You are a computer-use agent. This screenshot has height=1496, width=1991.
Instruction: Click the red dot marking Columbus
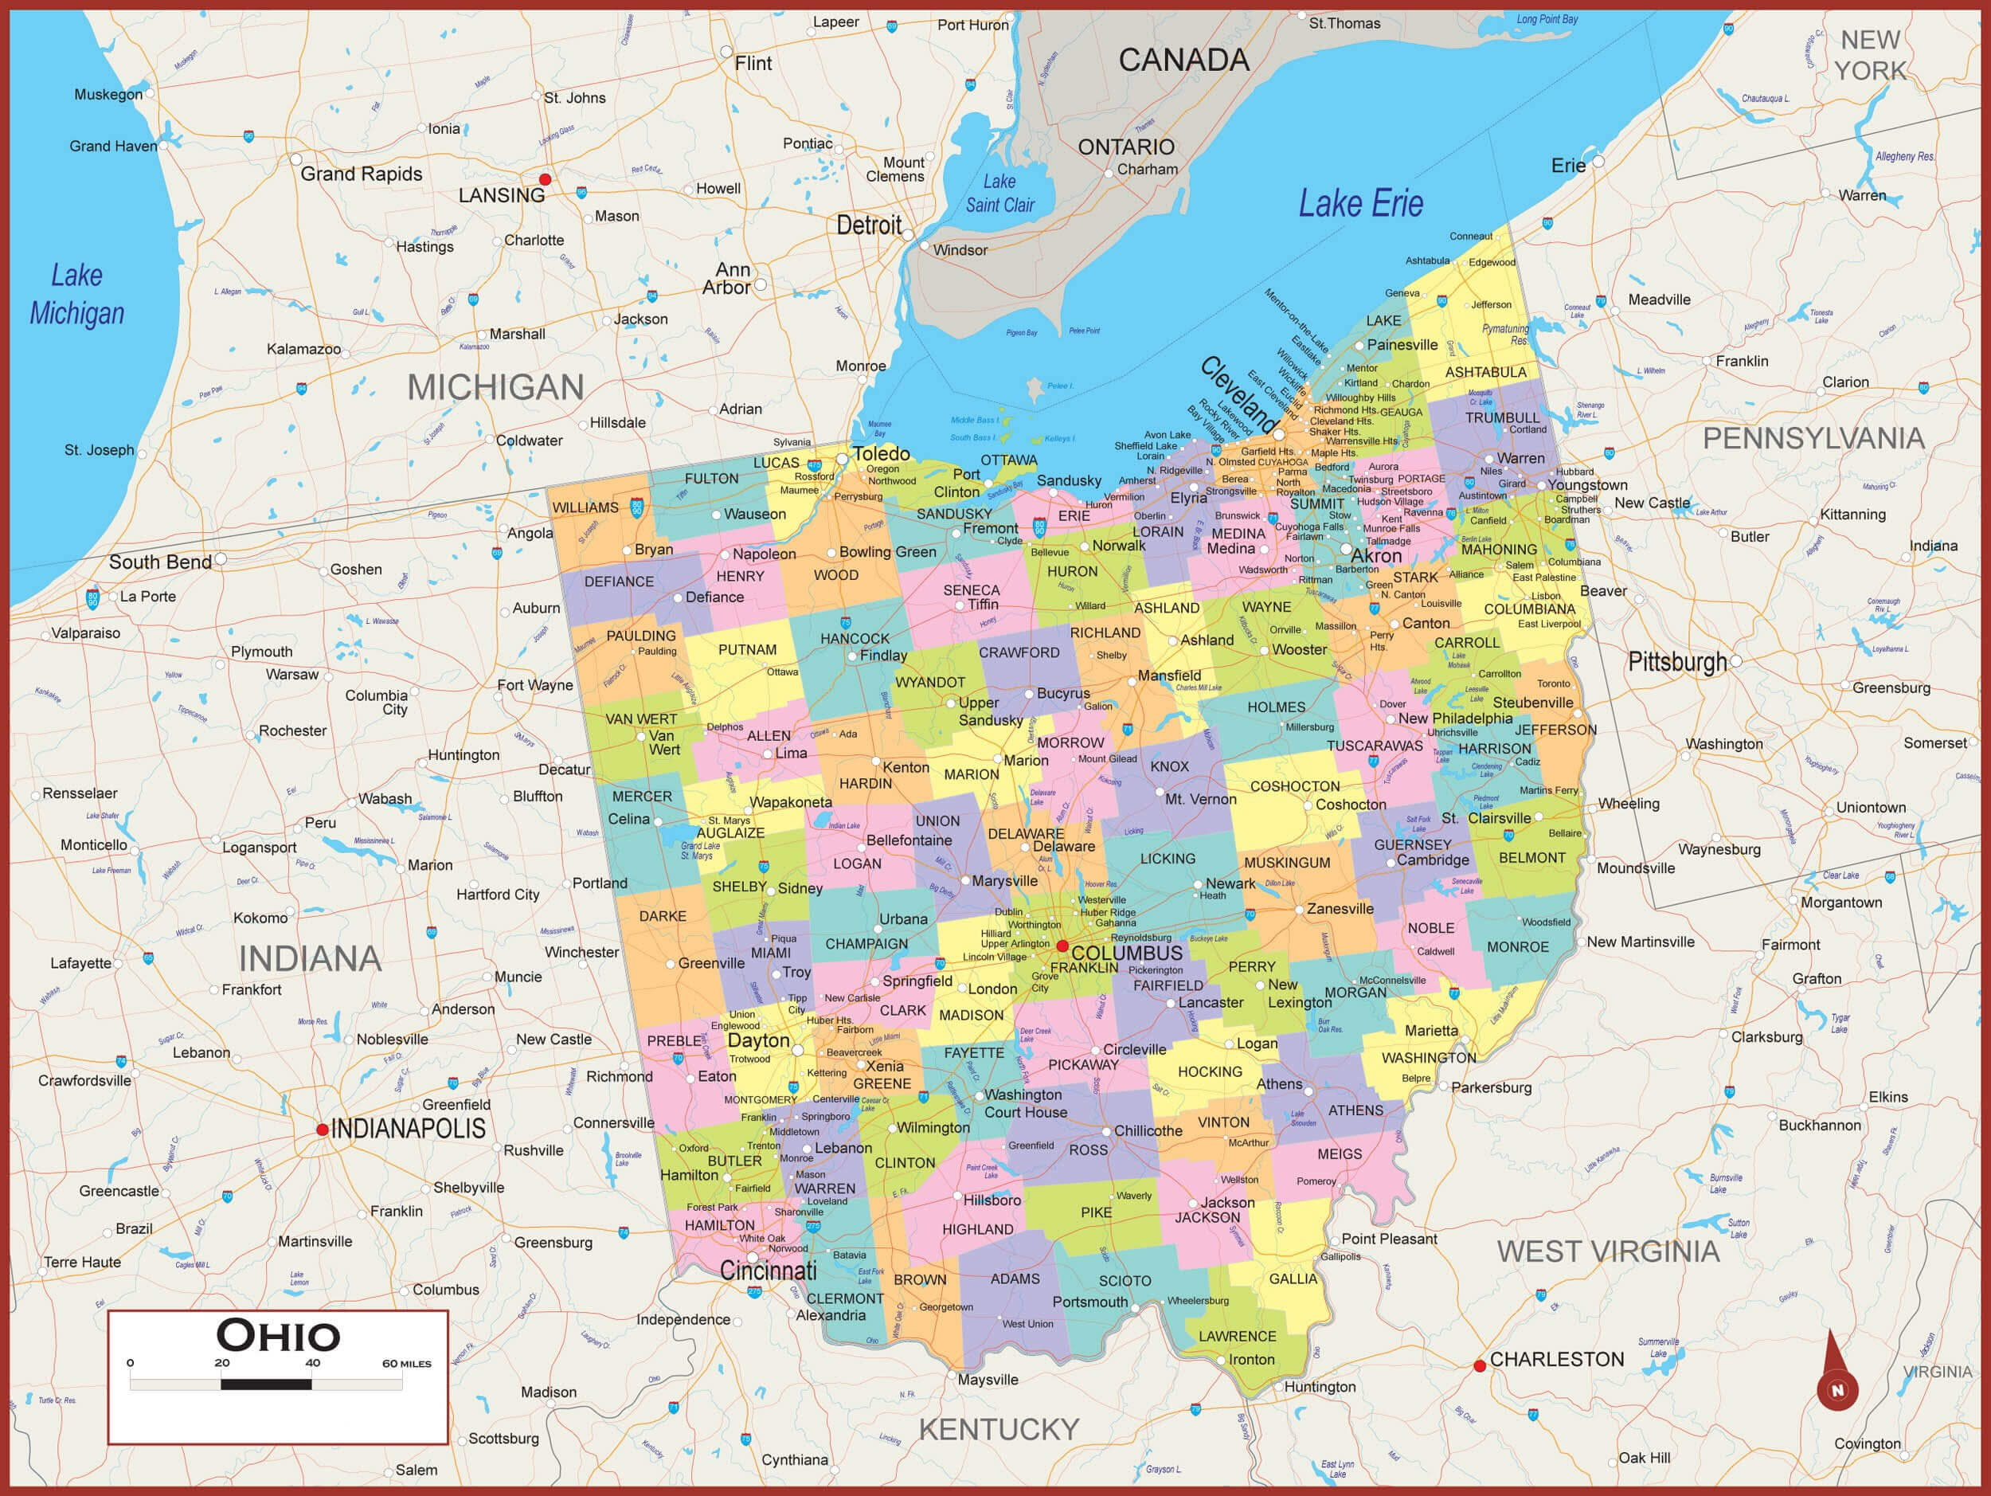click(x=1062, y=946)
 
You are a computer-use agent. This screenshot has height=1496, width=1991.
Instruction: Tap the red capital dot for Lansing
click(x=545, y=179)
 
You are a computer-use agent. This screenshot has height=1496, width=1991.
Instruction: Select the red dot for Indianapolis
click(x=323, y=1129)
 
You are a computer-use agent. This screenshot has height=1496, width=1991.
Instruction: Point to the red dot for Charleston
click(x=1479, y=1365)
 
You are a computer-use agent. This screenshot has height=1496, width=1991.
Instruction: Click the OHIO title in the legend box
click(x=278, y=1336)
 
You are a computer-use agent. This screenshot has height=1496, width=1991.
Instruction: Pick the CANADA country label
click(x=1183, y=61)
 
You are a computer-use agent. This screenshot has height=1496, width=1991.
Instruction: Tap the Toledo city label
click(x=881, y=454)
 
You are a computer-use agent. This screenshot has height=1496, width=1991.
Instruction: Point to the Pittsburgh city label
click(x=1678, y=663)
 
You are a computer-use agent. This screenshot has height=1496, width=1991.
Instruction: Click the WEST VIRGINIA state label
click(x=1608, y=1251)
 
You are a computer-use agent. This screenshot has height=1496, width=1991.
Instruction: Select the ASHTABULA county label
click(x=1485, y=372)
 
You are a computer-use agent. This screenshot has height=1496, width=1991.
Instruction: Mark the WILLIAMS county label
click(x=585, y=507)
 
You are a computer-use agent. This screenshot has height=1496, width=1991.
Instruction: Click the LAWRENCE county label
click(x=1237, y=1336)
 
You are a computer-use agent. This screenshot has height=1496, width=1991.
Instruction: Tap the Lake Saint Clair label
click(x=1000, y=194)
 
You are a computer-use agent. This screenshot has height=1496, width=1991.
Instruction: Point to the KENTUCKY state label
click(x=998, y=1429)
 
